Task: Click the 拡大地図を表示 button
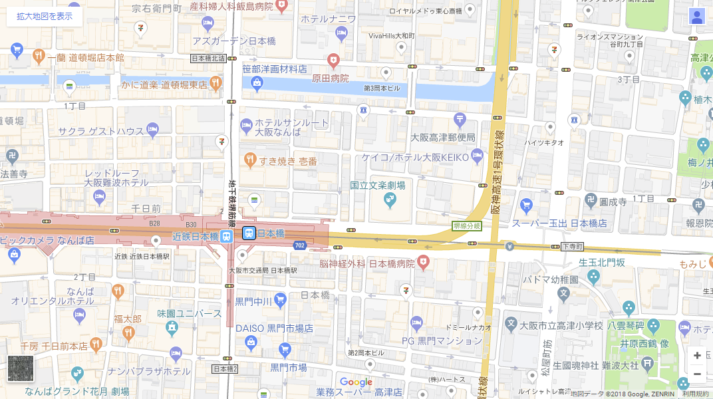coord(45,17)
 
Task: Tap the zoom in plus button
coord(696,355)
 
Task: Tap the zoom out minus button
coord(696,374)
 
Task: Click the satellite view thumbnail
coord(20,368)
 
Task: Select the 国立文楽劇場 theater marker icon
coord(390,198)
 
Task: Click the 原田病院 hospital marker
coord(334,62)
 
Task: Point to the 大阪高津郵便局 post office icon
coord(460,120)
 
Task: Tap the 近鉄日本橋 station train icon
coord(227,235)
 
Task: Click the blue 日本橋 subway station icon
coord(249,233)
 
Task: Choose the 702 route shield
coord(299,245)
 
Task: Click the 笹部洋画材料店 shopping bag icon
coord(255,82)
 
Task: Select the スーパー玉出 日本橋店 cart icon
coord(526,206)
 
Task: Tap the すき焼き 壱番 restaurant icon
coord(249,160)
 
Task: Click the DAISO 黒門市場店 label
coord(274,328)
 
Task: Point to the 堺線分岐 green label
coord(467,226)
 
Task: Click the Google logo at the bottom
coord(356,382)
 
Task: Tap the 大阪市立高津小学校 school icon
coord(511,325)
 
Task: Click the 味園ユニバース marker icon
coord(172,327)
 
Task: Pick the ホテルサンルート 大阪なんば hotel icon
coord(246,124)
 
